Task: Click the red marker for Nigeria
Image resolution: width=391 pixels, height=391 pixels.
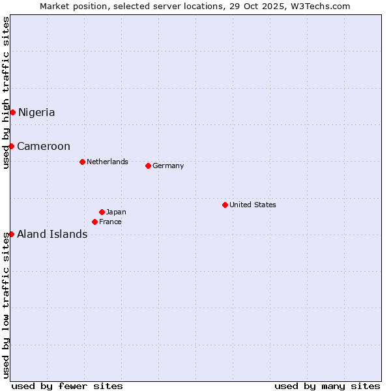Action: (12, 112)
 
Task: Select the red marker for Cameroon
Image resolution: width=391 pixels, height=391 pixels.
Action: (11, 146)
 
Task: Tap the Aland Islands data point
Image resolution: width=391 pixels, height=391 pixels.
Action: (11, 234)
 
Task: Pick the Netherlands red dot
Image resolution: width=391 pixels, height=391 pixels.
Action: (82, 162)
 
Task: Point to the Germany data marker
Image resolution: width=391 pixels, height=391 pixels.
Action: (148, 166)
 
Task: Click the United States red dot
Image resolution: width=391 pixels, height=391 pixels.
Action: (225, 205)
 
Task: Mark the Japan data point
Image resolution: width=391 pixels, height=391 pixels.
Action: (102, 212)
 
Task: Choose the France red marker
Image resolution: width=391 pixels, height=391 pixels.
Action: (94, 222)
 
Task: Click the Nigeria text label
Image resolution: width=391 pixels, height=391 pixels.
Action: (36, 112)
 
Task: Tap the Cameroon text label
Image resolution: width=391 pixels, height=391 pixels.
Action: (44, 146)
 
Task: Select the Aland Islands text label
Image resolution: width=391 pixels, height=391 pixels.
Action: (52, 234)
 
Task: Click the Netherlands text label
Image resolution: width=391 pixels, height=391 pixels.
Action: (108, 162)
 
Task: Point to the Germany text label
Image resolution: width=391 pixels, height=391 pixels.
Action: (168, 166)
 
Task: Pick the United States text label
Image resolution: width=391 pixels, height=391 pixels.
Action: (253, 205)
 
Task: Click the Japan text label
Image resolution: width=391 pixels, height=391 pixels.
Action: (116, 212)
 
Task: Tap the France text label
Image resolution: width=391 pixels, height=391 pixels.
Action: (110, 222)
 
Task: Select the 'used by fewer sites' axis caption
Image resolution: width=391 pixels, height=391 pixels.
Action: (67, 386)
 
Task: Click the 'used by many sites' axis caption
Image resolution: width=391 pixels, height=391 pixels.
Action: (327, 386)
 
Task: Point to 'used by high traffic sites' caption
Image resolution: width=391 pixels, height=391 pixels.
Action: (6, 93)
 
